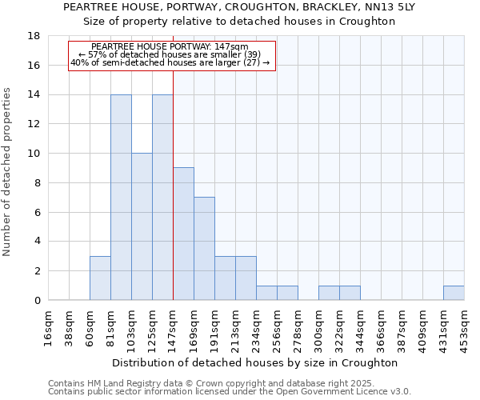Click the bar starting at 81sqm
121,197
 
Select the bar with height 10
142,226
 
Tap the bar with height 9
183,234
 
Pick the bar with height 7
204,248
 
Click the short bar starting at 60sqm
100,278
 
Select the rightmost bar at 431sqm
454,293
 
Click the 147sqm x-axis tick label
174,328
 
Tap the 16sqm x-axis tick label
49,328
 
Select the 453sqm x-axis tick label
465,328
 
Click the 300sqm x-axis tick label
319,328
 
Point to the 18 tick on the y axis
34,36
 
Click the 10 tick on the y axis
34,154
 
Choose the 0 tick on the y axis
37,300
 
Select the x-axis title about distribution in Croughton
256,362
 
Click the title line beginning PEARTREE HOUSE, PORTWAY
239,6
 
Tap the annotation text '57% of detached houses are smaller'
171,54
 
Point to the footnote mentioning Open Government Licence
230,392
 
